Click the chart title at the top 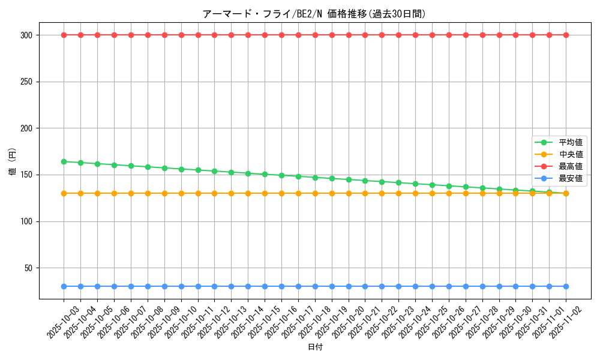[x=314, y=14]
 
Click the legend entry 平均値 [x=570, y=142]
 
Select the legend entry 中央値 [x=570, y=154]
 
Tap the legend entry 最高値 [x=570, y=166]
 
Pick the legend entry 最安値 [x=570, y=178]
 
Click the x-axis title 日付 [x=315, y=347]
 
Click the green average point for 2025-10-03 [x=64, y=161]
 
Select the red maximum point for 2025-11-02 [x=566, y=35]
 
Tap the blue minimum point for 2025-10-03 [x=64, y=287]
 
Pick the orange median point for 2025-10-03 [x=64, y=193]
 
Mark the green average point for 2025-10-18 [x=315, y=178]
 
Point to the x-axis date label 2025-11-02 [x=566, y=322]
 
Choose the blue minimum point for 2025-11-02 [x=566, y=287]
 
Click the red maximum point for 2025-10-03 [x=64, y=35]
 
